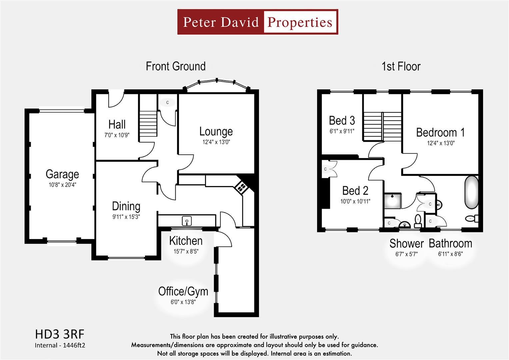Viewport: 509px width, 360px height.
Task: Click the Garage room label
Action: [62, 175]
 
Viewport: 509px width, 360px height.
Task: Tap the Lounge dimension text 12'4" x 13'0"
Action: [216, 142]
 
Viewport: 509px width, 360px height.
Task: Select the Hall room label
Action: [117, 124]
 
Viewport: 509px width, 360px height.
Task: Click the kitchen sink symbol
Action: [187, 221]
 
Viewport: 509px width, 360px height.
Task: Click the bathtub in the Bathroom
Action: [472, 192]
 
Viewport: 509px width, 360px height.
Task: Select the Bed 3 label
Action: [342, 120]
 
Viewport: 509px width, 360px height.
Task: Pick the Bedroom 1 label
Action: [440, 132]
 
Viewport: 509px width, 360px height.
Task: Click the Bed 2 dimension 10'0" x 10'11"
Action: [355, 201]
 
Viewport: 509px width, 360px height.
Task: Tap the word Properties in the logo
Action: [300, 22]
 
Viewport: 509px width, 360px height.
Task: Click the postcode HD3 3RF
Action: [60, 334]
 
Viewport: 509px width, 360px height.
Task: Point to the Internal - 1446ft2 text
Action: [60, 345]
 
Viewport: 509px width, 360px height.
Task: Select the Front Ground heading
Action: [176, 66]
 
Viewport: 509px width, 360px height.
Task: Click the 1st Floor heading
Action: [401, 66]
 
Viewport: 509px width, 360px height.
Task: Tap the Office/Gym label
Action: [183, 292]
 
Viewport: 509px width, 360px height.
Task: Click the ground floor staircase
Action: [148, 124]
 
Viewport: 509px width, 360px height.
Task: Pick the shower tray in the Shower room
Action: [393, 201]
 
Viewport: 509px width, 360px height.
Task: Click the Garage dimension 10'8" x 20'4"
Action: [62, 185]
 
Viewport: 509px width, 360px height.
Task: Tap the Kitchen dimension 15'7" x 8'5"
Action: [186, 251]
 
